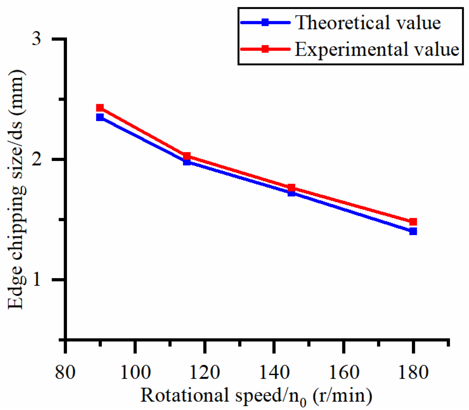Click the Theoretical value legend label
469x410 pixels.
pos(368,23)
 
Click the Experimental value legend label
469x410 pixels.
pos(377,49)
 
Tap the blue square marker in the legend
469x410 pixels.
pos(265,23)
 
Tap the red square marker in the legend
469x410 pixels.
pos(265,49)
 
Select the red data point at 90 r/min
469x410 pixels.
pos(100,108)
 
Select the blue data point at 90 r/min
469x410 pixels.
pos(100,117)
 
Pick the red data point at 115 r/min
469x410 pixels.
pos(187,156)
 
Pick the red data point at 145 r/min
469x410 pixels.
pos(291,188)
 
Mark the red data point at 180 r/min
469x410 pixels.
pos(413,222)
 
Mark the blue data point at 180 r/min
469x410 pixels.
pos(413,231)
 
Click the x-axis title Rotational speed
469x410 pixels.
pos(256,395)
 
